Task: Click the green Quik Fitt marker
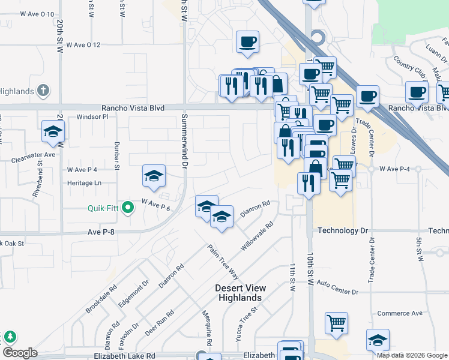[127, 208]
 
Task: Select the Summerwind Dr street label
[185, 140]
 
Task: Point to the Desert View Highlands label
[240, 293]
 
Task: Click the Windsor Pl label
[92, 116]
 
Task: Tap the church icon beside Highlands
[43, 91]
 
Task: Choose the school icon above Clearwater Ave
[53, 131]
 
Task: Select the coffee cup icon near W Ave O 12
[247, 42]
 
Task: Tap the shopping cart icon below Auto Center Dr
[337, 323]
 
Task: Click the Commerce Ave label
[400, 313]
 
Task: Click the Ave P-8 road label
[100, 231]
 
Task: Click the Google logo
[20, 353]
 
